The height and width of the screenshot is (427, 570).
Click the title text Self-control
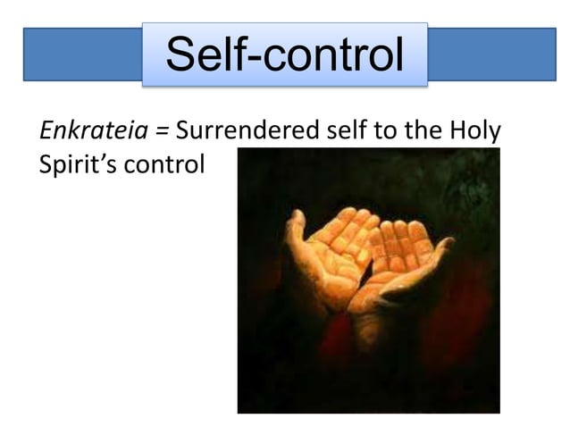pyautogui.click(x=284, y=55)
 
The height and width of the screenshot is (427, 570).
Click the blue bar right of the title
pyautogui.click(x=491, y=54)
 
